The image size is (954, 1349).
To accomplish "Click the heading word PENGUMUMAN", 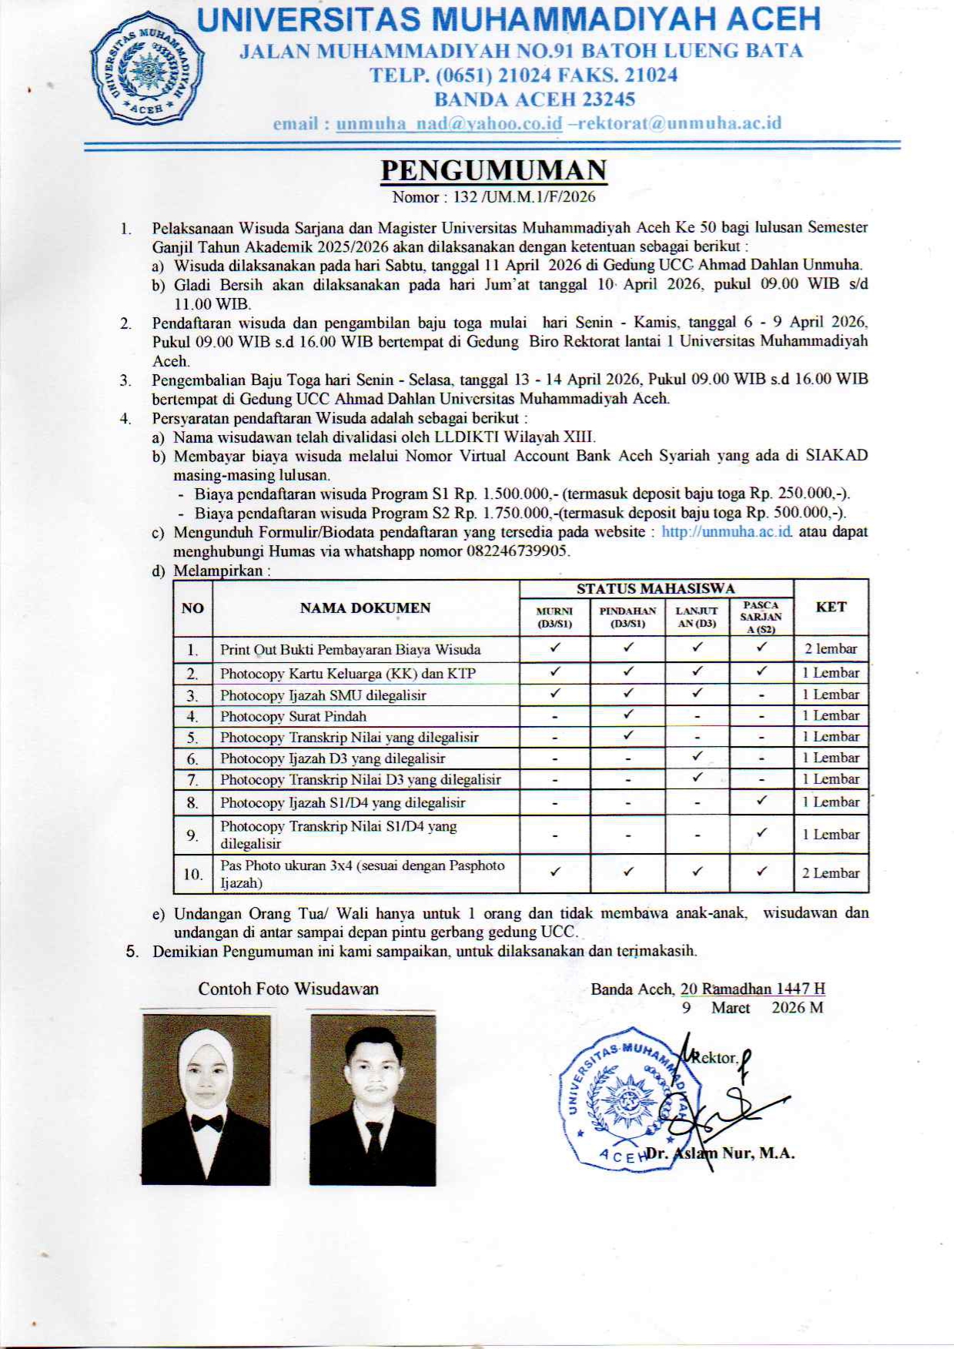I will (494, 170).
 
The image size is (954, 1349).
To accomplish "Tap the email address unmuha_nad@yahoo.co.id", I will (449, 123).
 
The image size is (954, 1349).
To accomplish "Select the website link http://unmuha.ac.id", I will (727, 532).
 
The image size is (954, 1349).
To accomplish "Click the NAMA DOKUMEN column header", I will (365, 608).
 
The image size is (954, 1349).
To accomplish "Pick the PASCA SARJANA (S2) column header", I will (761, 617).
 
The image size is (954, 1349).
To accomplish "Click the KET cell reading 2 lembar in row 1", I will (831, 648).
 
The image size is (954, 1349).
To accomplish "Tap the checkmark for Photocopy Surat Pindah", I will (628, 715).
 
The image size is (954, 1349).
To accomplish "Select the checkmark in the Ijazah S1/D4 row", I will (762, 801).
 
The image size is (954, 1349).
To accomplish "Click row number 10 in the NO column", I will (192, 874).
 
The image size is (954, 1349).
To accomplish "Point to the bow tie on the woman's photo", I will (206, 1123).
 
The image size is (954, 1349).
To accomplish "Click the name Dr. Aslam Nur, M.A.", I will (720, 1153).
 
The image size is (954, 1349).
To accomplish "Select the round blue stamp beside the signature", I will (624, 1099).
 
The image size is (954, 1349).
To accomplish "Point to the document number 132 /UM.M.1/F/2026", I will (524, 197).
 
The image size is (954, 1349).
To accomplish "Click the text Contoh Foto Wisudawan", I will (288, 989).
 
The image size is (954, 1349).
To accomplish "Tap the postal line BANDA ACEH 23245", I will (534, 99).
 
